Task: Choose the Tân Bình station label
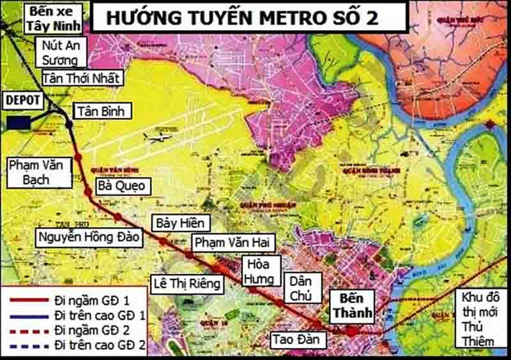(102, 111)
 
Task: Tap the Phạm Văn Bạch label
(38, 172)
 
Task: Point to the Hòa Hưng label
(261, 271)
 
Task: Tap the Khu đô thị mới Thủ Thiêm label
(480, 317)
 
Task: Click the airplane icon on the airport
(157, 137)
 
